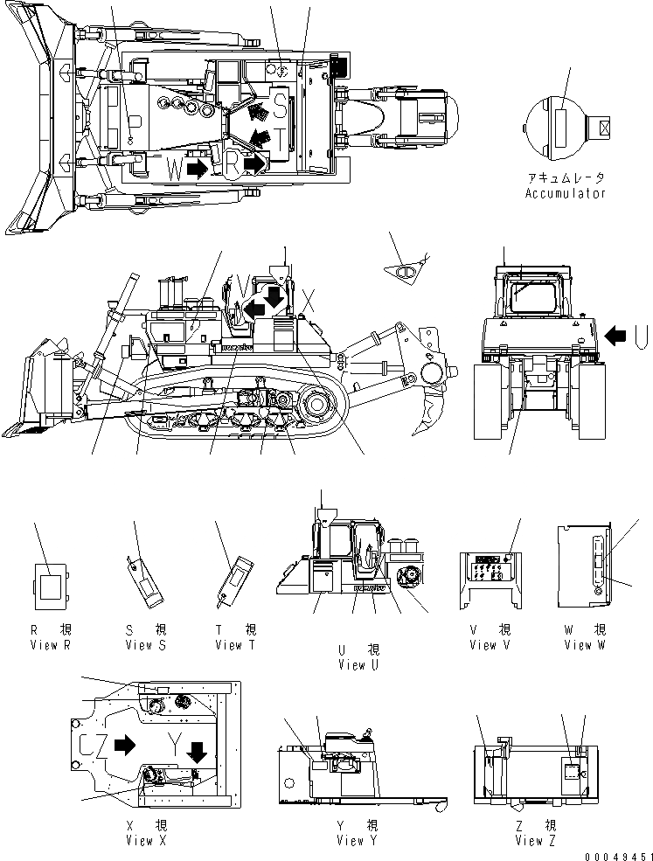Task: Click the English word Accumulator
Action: [565, 193]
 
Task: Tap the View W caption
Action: [585, 645]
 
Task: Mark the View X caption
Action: [150, 841]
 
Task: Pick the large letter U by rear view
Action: [641, 333]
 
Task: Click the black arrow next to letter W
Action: [197, 168]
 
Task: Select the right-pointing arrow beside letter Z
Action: [125, 745]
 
